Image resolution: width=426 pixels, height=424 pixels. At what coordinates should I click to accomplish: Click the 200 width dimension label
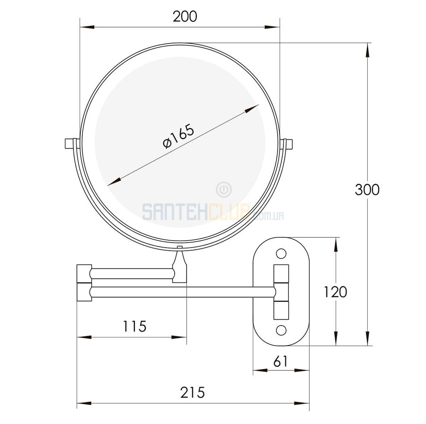point(185,17)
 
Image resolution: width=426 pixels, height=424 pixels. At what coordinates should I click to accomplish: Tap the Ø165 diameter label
point(179,136)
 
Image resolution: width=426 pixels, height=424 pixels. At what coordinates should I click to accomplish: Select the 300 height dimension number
point(367,190)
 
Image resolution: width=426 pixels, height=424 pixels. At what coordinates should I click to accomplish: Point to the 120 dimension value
point(335,292)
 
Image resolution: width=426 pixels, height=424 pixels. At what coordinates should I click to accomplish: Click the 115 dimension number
point(135,326)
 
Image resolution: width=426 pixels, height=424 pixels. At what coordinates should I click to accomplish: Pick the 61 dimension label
point(280,361)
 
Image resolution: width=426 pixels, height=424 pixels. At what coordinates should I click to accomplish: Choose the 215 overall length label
point(193,392)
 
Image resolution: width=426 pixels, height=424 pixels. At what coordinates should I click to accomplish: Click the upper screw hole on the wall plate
point(281,254)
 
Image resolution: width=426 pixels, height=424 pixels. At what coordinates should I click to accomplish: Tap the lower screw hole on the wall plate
point(281,330)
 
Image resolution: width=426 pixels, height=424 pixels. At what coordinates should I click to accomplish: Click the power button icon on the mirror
point(224,190)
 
